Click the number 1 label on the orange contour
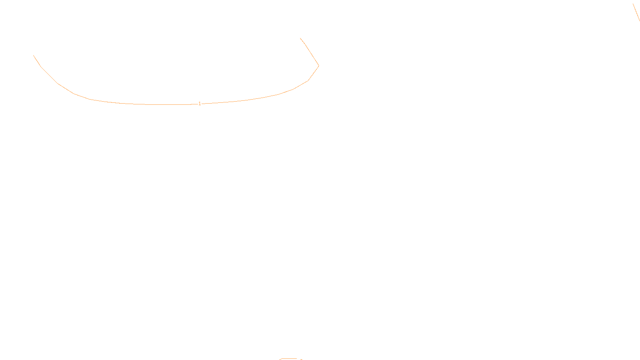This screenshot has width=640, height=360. [200, 104]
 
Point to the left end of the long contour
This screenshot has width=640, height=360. [34, 56]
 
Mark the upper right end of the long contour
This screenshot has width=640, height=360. [300, 38]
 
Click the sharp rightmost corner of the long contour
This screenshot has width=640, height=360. [318, 66]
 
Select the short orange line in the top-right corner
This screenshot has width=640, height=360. [636, 12]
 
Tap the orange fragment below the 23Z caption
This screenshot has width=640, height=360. [290, 359]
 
